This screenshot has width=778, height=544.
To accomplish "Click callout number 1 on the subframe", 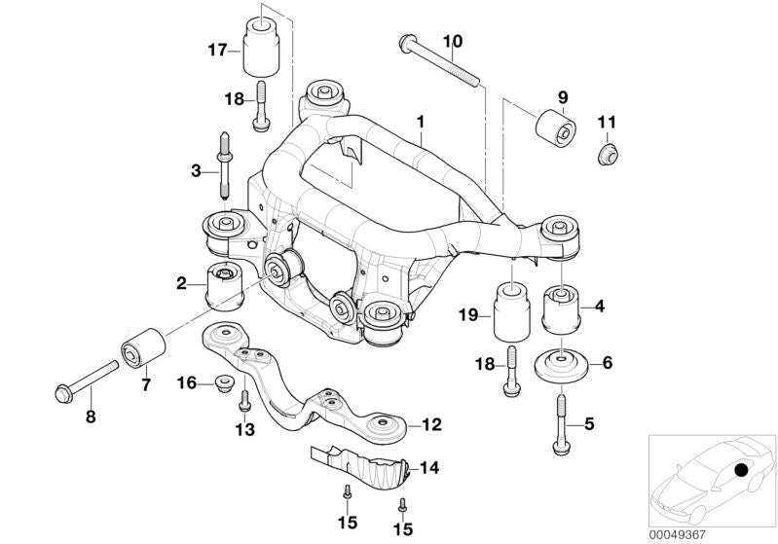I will coord(420,123).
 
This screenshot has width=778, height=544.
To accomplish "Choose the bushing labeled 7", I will coord(141,349).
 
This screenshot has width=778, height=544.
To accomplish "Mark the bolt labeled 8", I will coord(85,381).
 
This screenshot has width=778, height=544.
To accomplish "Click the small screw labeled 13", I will coord(244,400).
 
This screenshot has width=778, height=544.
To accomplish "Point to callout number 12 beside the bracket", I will coord(431,424).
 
